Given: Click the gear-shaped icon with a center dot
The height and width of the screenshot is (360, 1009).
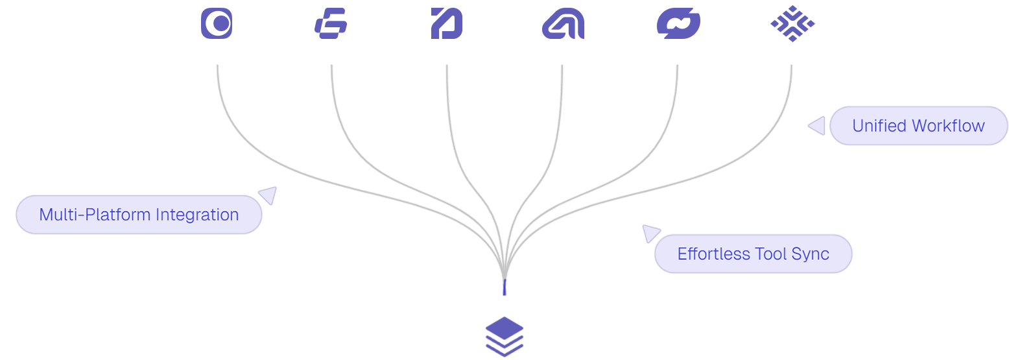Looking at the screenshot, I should pyautogui.click(x=217, y=23).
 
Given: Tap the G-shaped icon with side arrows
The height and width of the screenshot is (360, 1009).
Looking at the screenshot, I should pyautogui.click(x=332, y=24).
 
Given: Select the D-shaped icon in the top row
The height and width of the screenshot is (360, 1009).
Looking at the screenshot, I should pyautogui.click(x=447, y=24).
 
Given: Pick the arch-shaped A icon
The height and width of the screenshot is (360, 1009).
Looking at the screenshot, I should pyautogui.click(x=562, y=24).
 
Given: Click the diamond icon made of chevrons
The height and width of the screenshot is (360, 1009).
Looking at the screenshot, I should pyautogui.click(x=792, y=24).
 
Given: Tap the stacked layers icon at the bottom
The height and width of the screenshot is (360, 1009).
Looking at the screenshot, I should pyautogui.click(x=504, y=337).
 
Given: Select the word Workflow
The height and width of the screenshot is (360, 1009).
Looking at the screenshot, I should pyautogui.click(x=949, y=126).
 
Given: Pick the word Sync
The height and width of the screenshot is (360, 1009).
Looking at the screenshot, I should pyautogui.click(x=811, y=254).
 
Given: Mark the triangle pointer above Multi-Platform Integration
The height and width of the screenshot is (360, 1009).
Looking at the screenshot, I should pyautogui.click(x=268, y=195).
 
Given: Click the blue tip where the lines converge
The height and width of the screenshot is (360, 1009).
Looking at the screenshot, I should pyautogui.click(x=504, y=287).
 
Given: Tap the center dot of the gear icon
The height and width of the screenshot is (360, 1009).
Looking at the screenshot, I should pyautogui.click(x=221, y=23).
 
